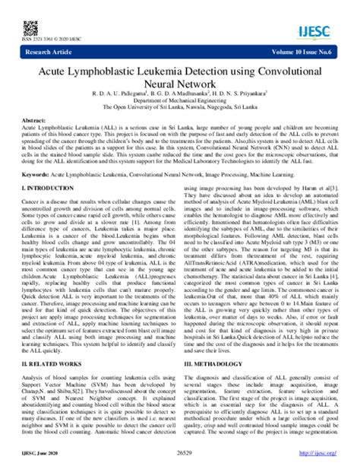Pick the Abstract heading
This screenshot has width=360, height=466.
[32, 121]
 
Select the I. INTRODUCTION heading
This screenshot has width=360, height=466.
[47, 186]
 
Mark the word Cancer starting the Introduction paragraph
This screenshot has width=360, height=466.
[30, 198]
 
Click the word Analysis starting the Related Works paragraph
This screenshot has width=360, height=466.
[32, 378]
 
